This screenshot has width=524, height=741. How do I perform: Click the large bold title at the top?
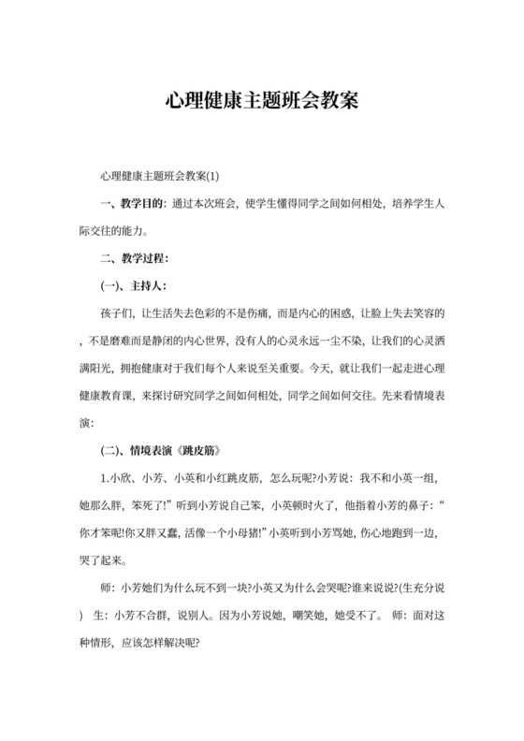(262, 99)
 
